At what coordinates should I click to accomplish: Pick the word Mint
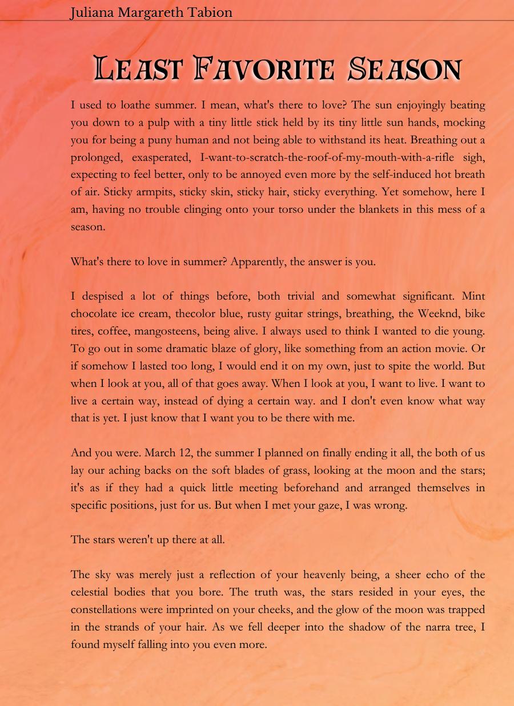(x=473, y=296)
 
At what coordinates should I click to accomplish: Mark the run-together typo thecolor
(x=197, y=313)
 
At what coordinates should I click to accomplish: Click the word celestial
(x=92, y=592)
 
